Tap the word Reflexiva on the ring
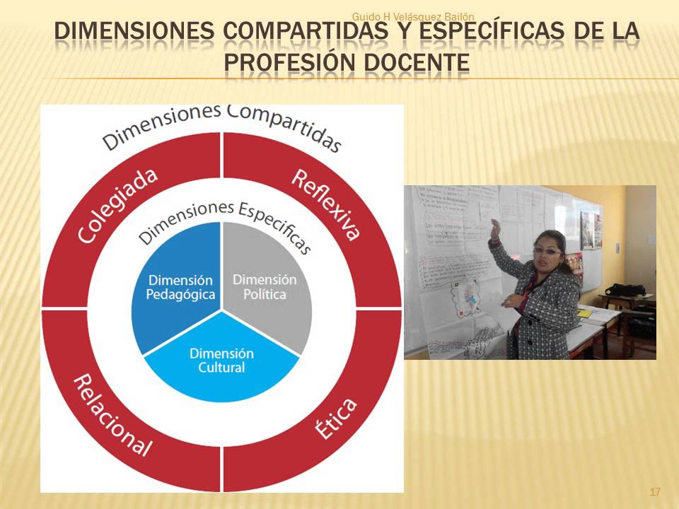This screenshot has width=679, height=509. pos(326,204)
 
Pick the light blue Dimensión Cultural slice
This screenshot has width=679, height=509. pos(221,361)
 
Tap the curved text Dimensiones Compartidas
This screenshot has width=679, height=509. pos(222,128)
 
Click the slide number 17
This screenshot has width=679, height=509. pos(654,491)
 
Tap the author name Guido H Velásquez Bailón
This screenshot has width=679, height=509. pos(413,16)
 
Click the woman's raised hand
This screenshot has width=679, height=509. pos(495,228)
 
